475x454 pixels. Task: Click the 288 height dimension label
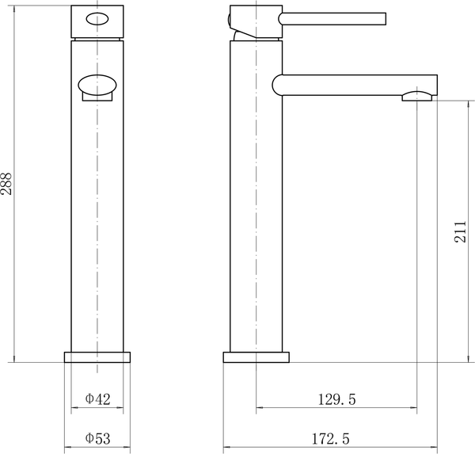(8, 184)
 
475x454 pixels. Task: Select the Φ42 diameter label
(97, 399)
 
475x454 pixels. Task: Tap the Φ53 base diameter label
(97, 437)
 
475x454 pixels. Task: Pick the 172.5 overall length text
(330, 437)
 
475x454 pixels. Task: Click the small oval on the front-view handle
(97, 21)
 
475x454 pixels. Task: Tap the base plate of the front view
(97, 357)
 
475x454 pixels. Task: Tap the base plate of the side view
(256, 357)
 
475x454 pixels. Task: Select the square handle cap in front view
(97, 22)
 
